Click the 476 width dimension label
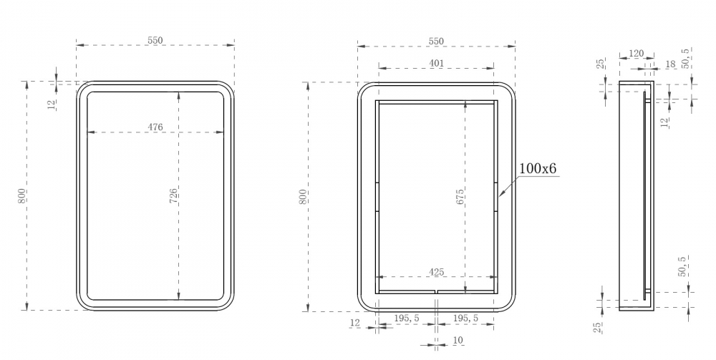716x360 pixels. coord(155,127)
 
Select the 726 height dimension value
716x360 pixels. coord(173,195)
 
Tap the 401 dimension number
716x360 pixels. coord(437,63)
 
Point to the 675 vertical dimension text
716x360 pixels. coord(460,195)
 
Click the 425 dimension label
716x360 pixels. coord(437,272)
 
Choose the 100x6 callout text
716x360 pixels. coord(538,168)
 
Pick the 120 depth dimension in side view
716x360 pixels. coord(636,54)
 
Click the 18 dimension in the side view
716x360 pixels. coord(670,64)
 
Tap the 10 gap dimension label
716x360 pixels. coord(458,340)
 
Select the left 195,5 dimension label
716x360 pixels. coord(407,318)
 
